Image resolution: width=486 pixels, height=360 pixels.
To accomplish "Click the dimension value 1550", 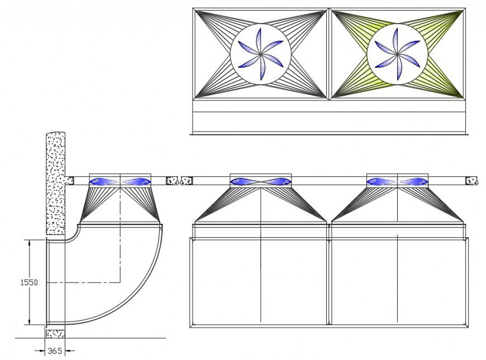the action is [29, 282].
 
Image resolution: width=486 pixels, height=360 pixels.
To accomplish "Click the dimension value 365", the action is [55, 351].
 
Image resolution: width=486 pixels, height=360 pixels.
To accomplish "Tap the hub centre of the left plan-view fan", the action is [261, 55].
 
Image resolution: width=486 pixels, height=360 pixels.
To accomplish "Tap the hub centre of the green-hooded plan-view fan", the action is [397, 55].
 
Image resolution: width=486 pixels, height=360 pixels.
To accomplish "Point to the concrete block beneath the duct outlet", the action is [55, 333].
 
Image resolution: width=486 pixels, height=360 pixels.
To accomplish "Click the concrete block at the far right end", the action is [471, 180].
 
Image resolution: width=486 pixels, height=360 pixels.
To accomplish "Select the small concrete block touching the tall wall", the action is [69, 181].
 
